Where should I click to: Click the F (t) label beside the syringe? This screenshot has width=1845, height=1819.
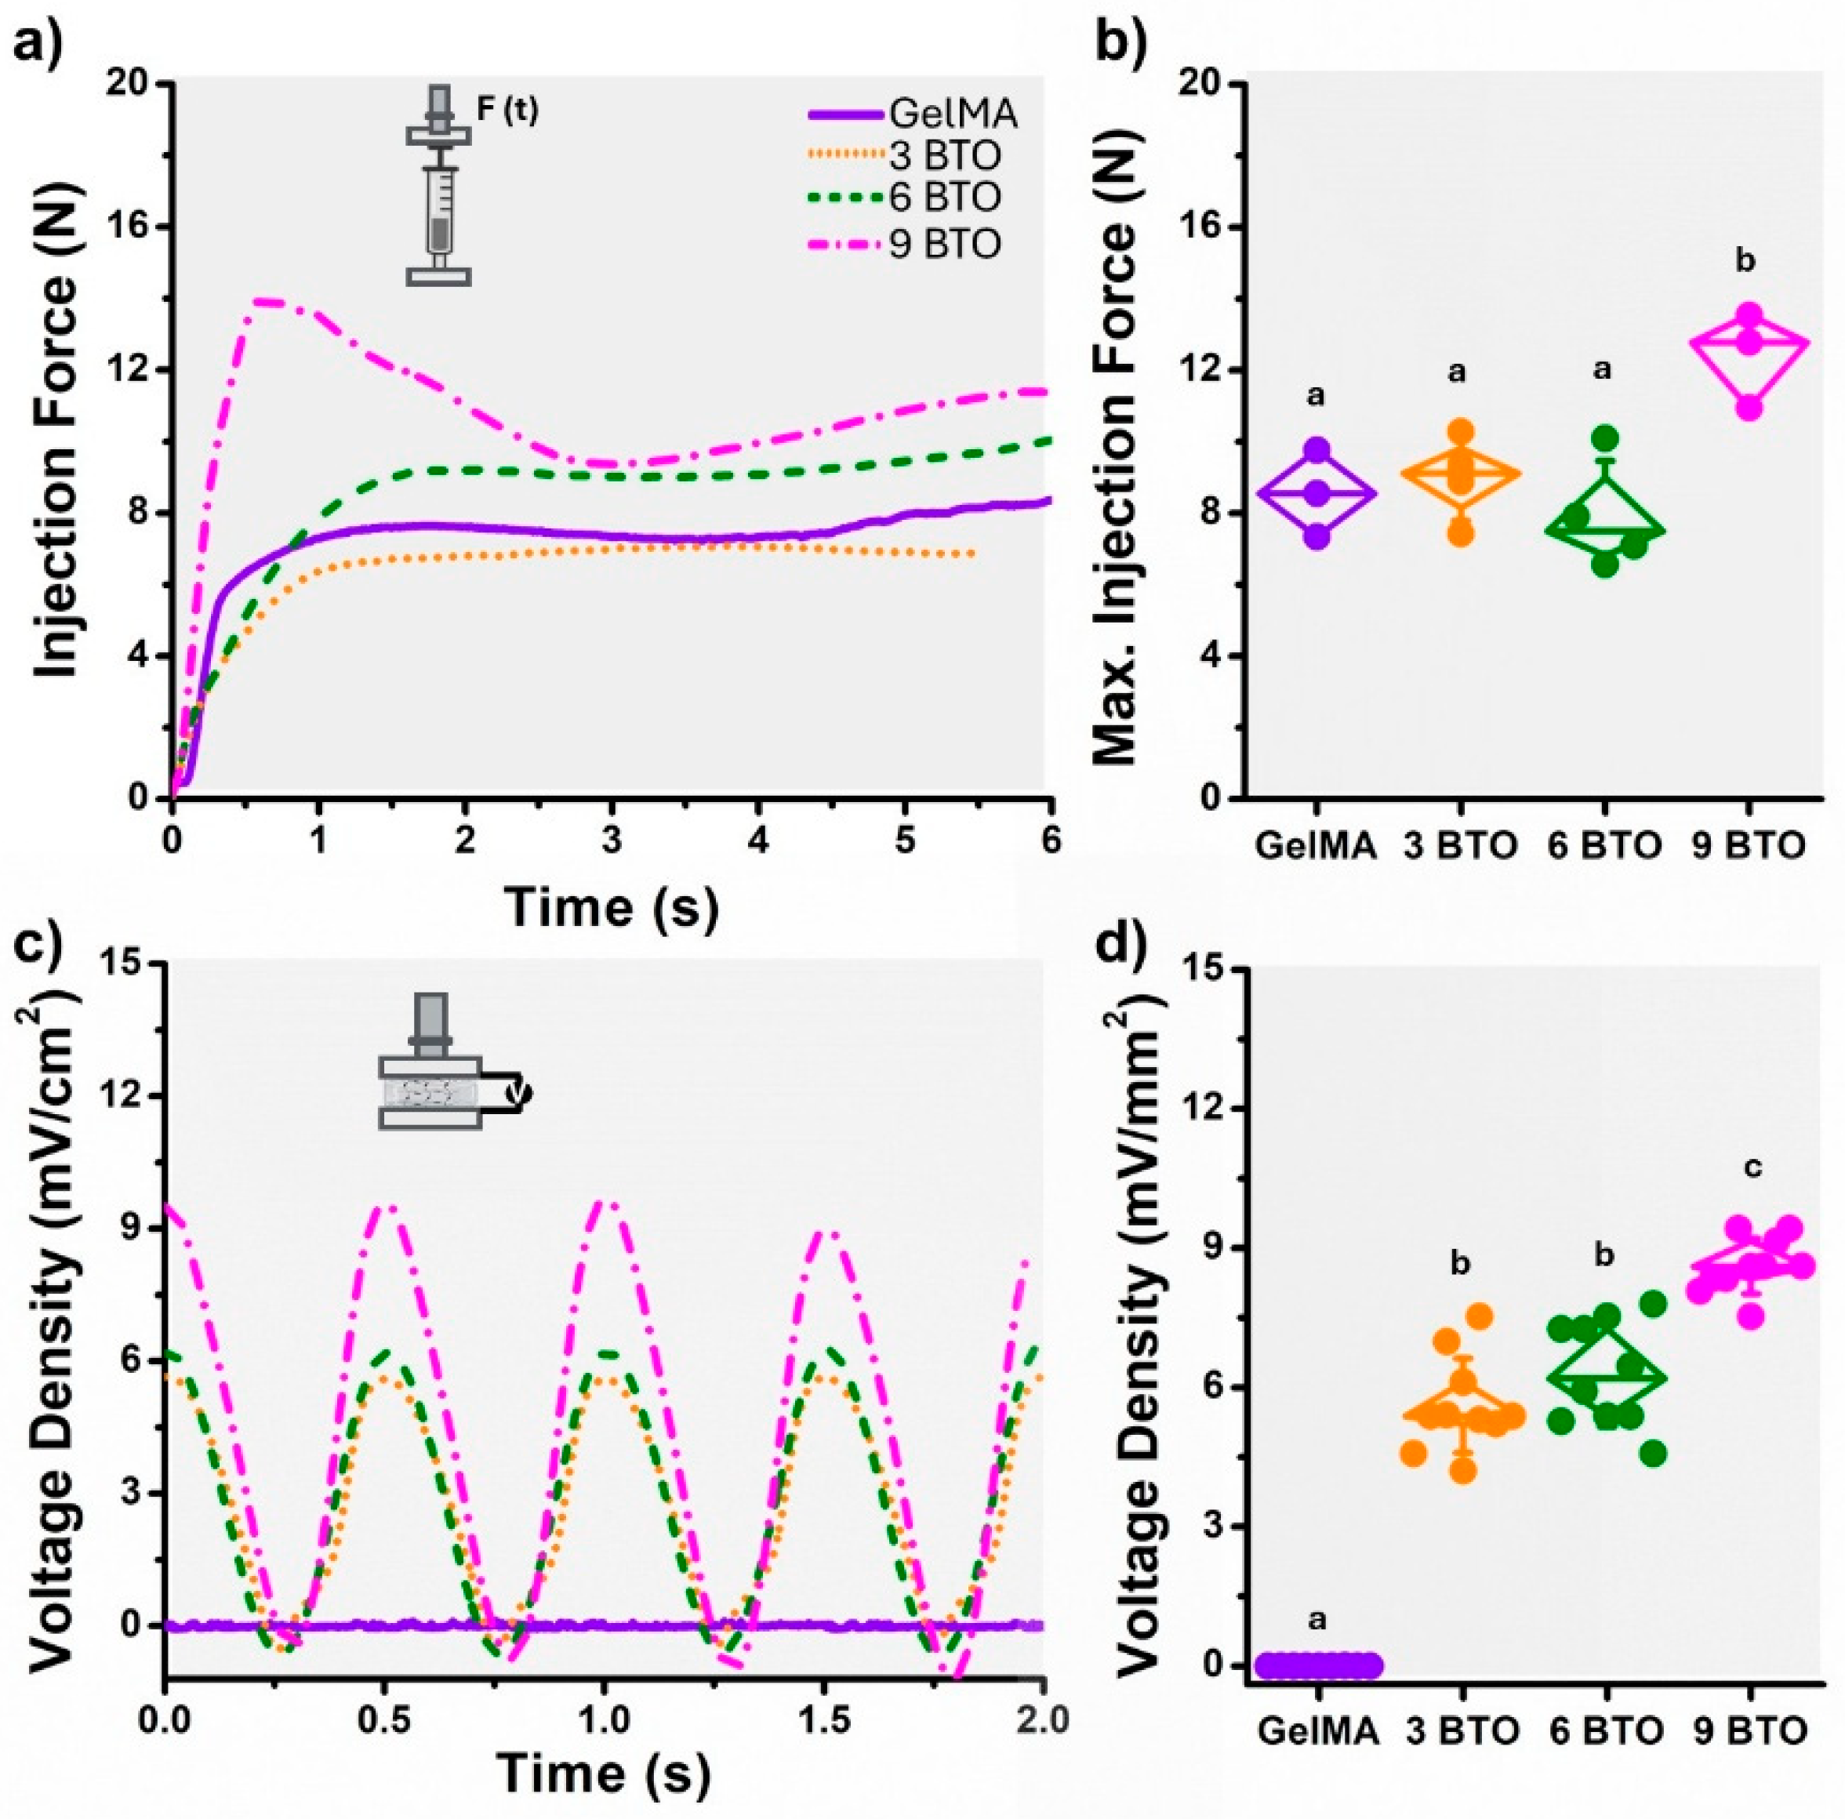pyautogui.click(x=507, y=111)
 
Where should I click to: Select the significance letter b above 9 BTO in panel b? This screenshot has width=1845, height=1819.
pyautogui.click(x=1745, y=260)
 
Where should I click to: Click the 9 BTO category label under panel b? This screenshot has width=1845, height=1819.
pyautogui.click(x=1747, y=846)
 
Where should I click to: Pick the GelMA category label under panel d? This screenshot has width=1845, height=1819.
pyautogui.click(x=1318, y=1730)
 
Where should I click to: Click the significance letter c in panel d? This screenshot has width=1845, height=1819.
pyautogui.click(x=1752, y=1167)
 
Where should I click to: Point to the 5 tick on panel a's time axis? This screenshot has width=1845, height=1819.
pyautogui.click(x=906, y=842)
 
